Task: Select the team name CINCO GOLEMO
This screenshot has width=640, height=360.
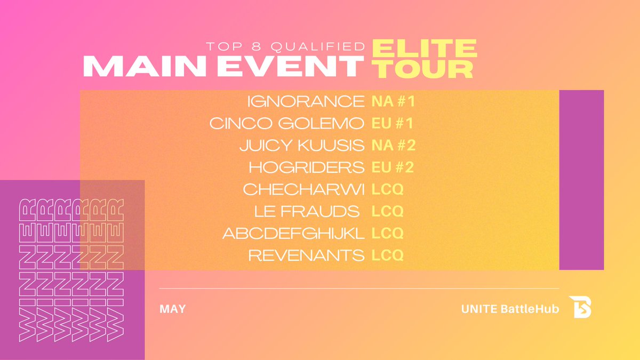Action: tap(287, 123)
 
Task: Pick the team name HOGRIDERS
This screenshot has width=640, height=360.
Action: tap(306, 167)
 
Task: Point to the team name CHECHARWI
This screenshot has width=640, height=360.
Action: tap(303, 189)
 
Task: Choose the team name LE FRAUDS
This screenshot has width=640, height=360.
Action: tap(306, 211)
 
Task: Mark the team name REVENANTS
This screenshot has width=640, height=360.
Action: tap(306, 255)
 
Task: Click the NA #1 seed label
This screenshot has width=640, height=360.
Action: tap(393, 101)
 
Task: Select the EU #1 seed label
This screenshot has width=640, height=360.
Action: tap(393, 123)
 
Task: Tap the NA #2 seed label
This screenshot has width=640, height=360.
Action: tap(393, 145)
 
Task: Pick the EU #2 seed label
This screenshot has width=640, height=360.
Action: tap(393, 167)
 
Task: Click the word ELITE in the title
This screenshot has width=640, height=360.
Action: tap(424, 49)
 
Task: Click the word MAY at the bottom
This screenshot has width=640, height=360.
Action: tap(172, 309)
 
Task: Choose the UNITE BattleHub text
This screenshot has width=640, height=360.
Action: tap(510, 309)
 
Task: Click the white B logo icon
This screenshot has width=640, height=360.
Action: tap(580, 307)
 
